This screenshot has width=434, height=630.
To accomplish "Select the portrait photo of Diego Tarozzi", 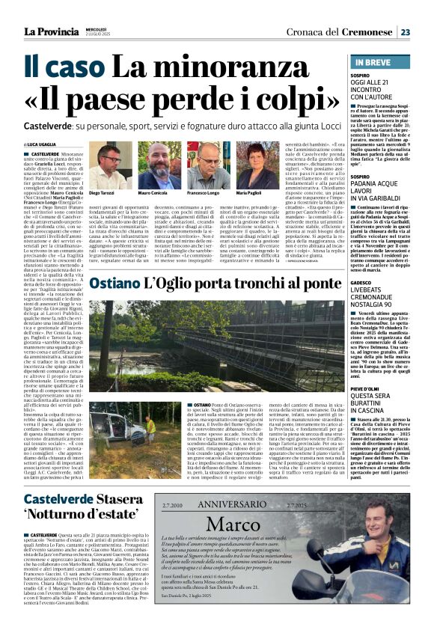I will coord(109,165).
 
